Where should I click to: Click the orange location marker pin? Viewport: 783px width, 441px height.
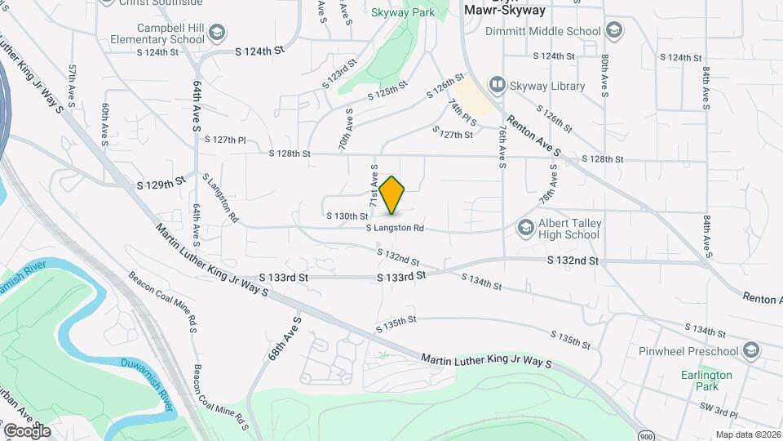click(391, 195)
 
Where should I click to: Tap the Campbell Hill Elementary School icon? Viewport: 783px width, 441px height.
click(216, 33)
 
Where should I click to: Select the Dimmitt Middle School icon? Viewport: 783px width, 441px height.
click(613, 32)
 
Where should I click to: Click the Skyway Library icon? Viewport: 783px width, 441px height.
click(496, 85)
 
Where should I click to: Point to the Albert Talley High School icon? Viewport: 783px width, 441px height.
click(525, 226)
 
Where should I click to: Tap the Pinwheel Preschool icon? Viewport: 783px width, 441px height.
click(750, 351)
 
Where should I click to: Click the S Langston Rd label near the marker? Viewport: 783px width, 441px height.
click(395, 229)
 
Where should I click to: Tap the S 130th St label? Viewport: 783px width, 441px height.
click(347, 216)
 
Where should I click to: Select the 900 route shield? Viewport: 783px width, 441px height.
click(645, 434)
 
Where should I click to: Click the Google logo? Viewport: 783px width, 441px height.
click(26, 430)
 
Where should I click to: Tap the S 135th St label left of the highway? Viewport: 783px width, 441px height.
click(396, 324)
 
